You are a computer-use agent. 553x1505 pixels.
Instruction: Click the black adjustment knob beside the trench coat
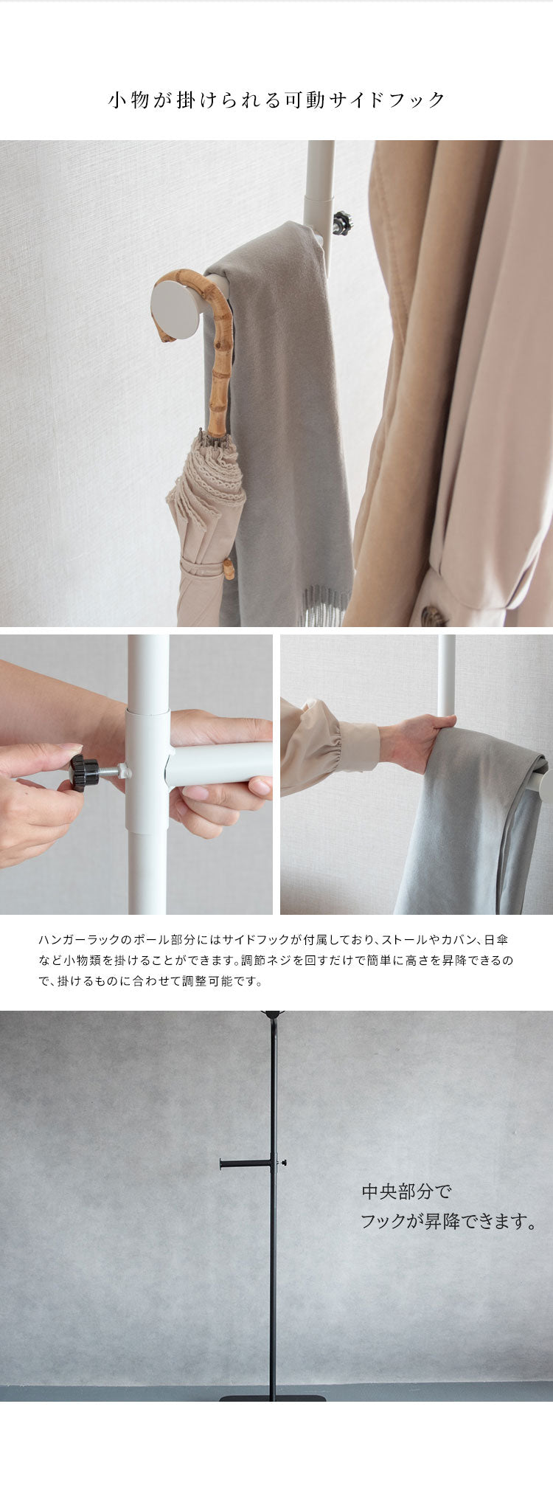[342, 222]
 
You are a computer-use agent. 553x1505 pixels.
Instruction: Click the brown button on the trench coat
[434, 616]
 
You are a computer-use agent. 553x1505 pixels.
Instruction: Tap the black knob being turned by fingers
[84, 772]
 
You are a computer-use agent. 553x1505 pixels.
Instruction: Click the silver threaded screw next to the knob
[115, 772]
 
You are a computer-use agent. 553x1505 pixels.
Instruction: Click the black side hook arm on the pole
[246, 1164]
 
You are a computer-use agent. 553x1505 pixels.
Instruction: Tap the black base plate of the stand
[273, 1398]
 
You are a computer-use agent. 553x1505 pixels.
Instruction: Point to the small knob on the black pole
[282, 1163]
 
